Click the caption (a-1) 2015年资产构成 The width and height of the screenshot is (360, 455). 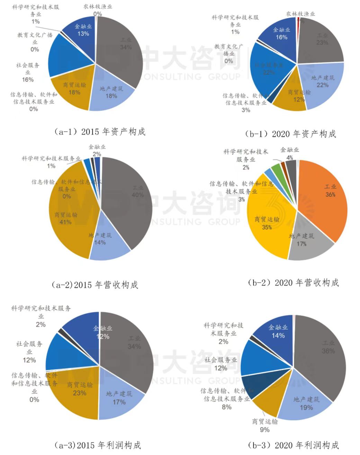[100, 132]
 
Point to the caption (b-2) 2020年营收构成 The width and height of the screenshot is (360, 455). [293, 283]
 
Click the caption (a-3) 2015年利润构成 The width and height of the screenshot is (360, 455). [98, 445]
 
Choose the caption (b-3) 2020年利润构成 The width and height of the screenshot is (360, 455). [293, 445]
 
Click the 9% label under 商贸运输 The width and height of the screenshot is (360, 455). [265, 430]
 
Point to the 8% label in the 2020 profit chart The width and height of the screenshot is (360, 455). [227, 407]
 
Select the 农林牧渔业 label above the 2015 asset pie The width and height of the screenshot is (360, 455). [98, 6]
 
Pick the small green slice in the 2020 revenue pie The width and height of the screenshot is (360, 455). [276, 169]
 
